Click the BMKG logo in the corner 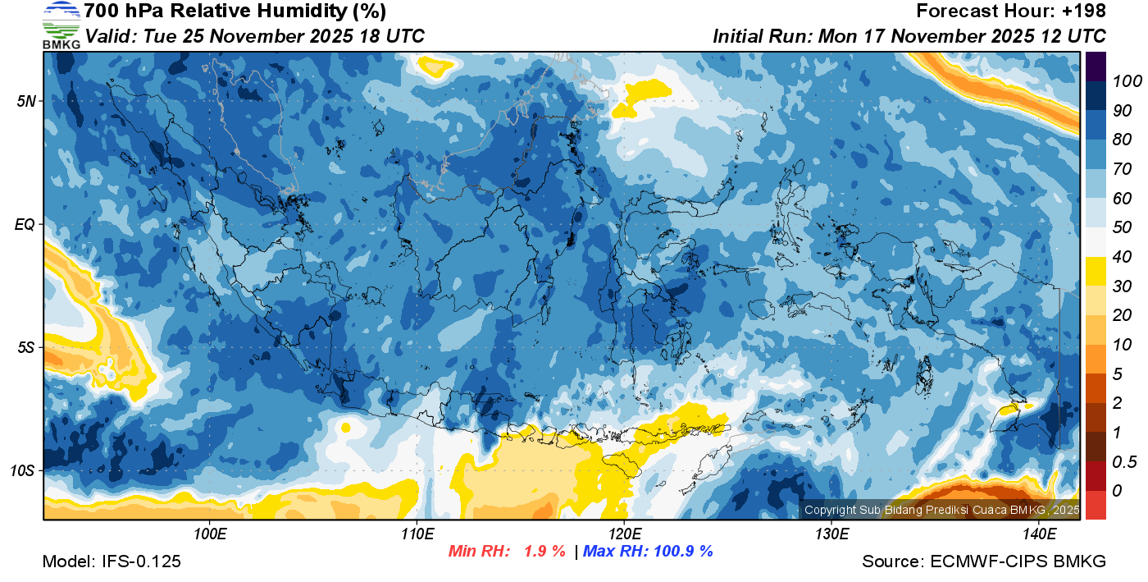[61, 25]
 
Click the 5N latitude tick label [26, 102]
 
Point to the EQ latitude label [26, 225]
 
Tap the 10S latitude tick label [23, 471]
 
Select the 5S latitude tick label [26, 348]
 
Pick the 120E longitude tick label [625, 534]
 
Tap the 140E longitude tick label [1039, 534]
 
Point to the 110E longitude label [417, 534]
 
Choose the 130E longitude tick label [831, 534]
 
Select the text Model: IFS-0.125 [112, 561]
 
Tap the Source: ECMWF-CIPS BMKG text [984, 561]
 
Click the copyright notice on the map [941, 510]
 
